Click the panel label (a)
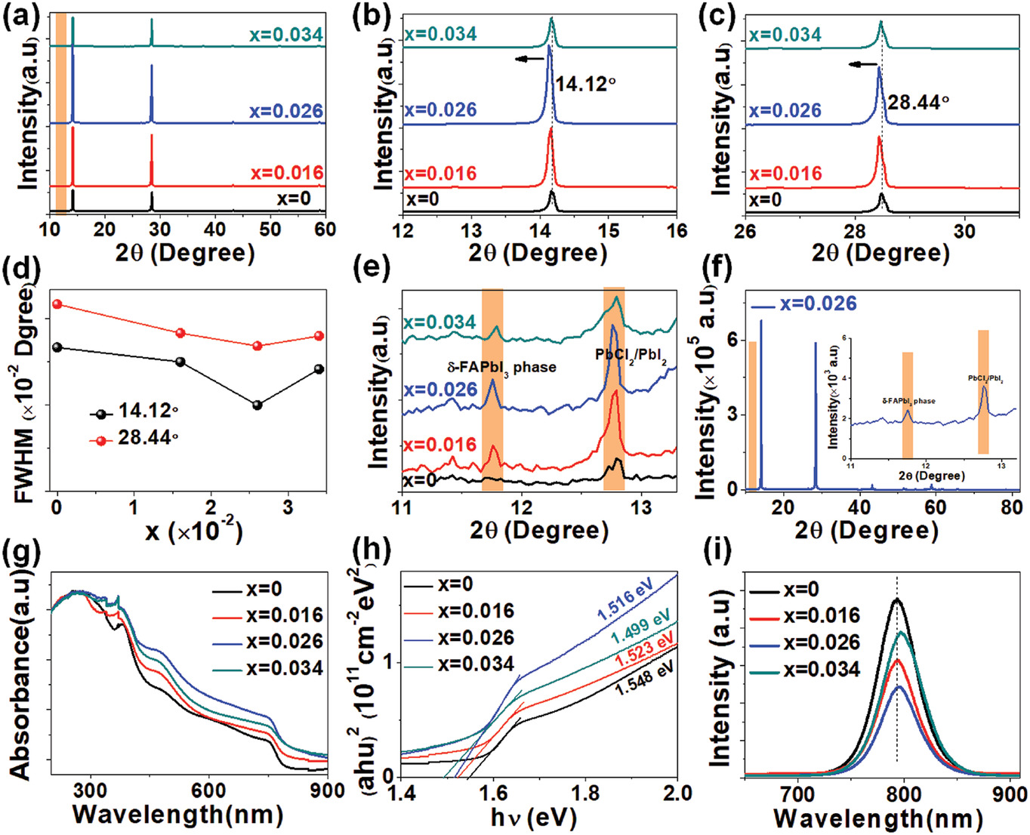coord(20,17)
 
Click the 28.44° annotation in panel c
coord(917,102)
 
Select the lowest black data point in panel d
coord(257,405)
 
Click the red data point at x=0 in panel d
coord(57,304)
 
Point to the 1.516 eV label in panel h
coord(624,601)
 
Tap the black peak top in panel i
coord(897,599)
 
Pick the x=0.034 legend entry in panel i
coord(822,669)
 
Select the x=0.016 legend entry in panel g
coord(284,615)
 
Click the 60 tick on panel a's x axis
coord(325,229)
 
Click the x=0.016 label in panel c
coord(785,174)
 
